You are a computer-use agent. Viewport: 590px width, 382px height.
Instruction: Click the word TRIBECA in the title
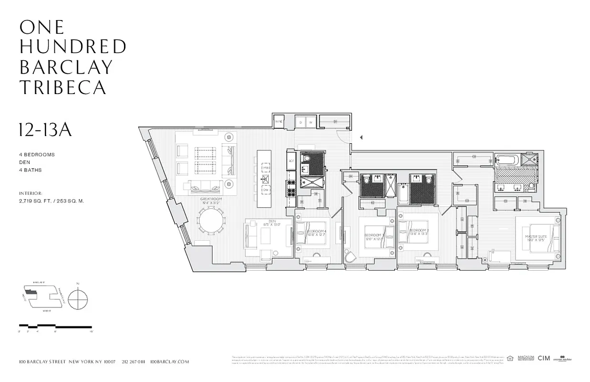[62, 87]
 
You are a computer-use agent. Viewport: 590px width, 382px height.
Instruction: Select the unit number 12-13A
[45, 130]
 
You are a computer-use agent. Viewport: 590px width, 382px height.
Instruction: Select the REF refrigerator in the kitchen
[291, 161]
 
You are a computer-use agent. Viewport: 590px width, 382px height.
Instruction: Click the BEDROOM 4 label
[315, 233]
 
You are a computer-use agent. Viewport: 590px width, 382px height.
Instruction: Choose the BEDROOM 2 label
[418, 233]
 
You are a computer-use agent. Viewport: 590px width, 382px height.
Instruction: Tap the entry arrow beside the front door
[361, 138]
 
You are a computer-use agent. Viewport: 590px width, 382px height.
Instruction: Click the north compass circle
[78, 300]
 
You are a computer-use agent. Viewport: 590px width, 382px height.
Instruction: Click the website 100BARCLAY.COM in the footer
[169, 362]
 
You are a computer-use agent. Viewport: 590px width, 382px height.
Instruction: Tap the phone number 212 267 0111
[133, 362]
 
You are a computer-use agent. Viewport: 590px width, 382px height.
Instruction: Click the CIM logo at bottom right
[544, 358]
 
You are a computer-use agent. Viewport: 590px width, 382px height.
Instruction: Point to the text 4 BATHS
[31, 170]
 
